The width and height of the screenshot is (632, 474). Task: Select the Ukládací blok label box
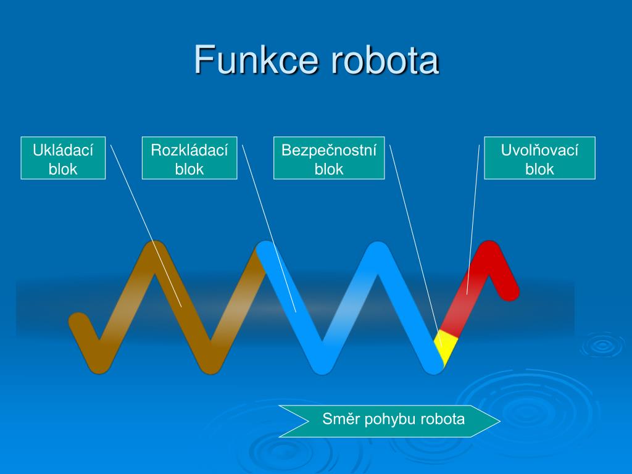pos(63,158)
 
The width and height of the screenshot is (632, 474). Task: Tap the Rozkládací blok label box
pos(189,158)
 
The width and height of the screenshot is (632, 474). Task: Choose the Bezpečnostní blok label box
pos(329,158)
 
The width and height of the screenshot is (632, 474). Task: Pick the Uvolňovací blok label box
pos(539,158)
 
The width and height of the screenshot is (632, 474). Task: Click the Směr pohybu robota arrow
pos(389,420)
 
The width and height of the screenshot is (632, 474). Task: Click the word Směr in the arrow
pos(339,420)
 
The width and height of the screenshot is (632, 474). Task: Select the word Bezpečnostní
pos(329,150)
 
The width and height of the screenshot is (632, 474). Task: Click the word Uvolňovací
pos(539,150)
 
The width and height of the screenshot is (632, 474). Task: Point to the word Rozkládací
pos(189,150)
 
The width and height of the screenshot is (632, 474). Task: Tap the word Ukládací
pos(63,150)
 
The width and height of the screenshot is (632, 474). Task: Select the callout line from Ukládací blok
pos(146,225)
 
